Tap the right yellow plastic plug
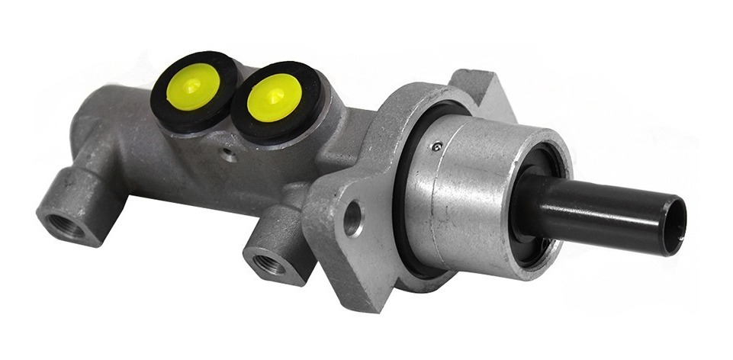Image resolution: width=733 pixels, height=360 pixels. [x=274, y=98]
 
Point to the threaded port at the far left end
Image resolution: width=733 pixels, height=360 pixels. [x=60, y=223]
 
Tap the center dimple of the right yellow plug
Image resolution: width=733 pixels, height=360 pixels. [x=274, y=98]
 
